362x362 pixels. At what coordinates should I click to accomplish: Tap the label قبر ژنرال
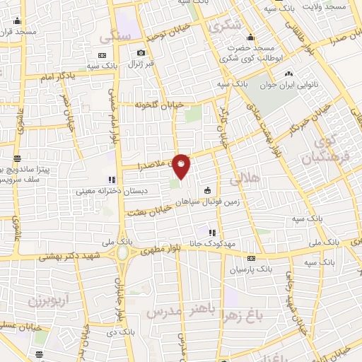[125, 64]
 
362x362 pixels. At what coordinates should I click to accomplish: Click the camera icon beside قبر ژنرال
[141, 53]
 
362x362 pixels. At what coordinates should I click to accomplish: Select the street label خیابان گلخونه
[160, 104]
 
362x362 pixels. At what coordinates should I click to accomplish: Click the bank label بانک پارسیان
[251, 269]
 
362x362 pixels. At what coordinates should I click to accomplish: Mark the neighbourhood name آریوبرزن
[42, 300]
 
